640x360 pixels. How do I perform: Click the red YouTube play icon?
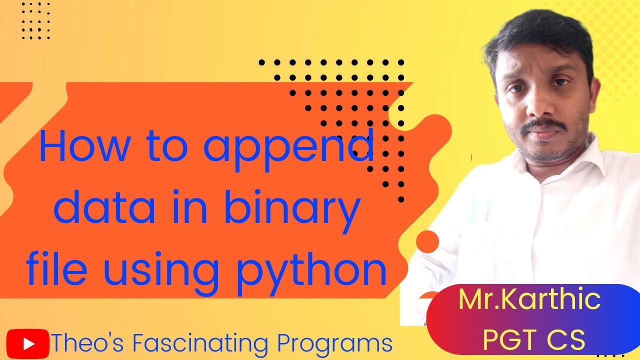(x=28, y=344)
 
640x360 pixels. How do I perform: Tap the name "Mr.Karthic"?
(x=529, y=299)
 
